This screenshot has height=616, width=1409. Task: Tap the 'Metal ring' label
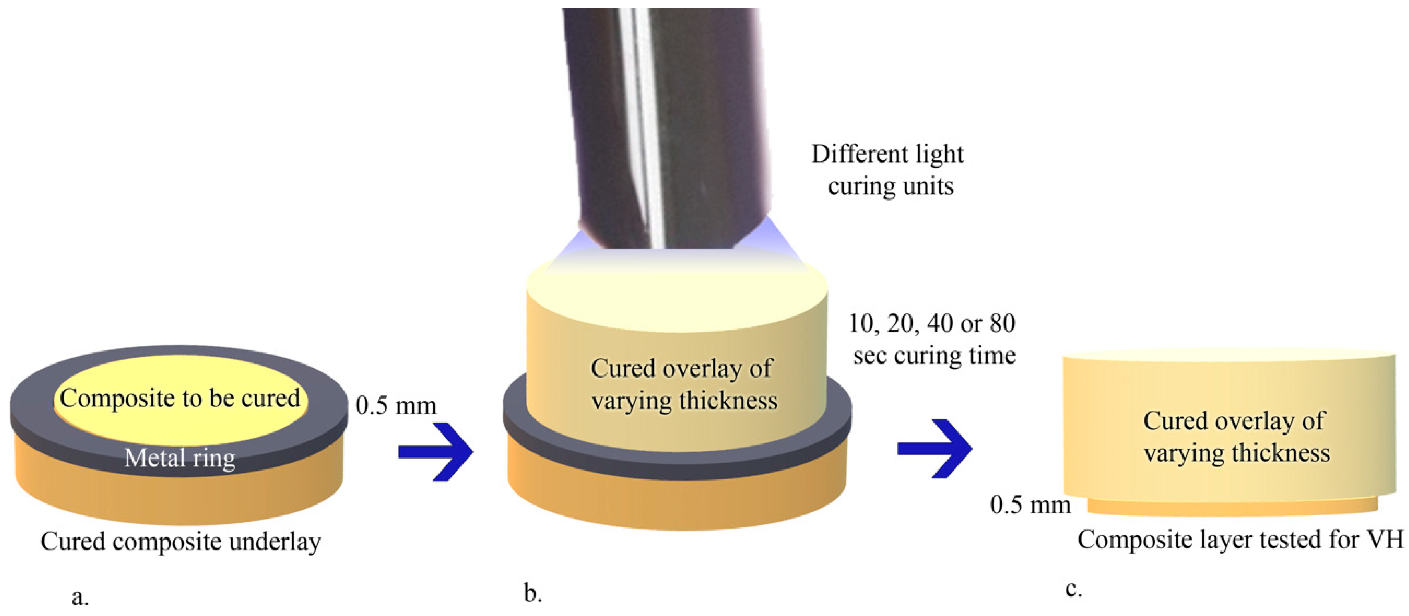pos(180,458)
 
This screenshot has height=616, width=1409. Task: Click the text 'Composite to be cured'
pos(180,398)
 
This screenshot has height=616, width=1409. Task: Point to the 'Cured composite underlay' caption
pos(181,542)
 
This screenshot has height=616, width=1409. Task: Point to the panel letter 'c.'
pos(1073,589)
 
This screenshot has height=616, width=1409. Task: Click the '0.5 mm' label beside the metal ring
pos(396,405)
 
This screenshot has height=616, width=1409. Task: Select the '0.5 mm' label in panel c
pos(1030,504)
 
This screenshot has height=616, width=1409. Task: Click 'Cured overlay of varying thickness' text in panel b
pos(684,384)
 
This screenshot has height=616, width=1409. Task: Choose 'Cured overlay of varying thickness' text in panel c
pos(1236,437)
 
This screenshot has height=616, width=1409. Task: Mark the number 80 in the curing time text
pos(1002,323)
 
